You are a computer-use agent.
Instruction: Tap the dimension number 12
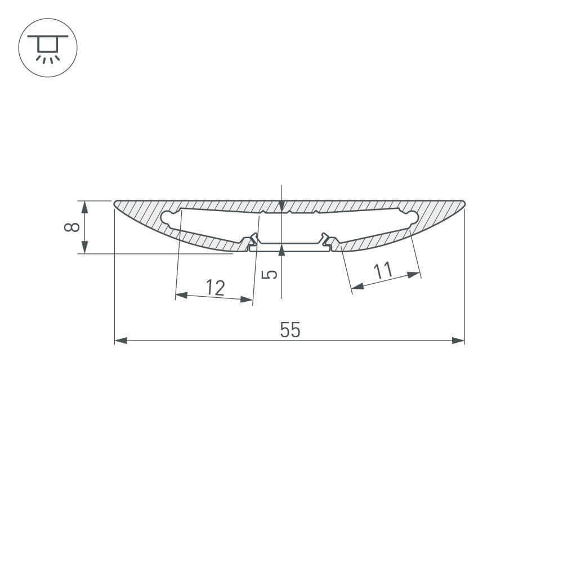215,288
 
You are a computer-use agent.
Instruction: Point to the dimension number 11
383,272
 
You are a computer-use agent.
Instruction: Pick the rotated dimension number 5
271,274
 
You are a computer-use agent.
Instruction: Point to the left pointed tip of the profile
115,203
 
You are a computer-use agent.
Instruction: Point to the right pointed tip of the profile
464,203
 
